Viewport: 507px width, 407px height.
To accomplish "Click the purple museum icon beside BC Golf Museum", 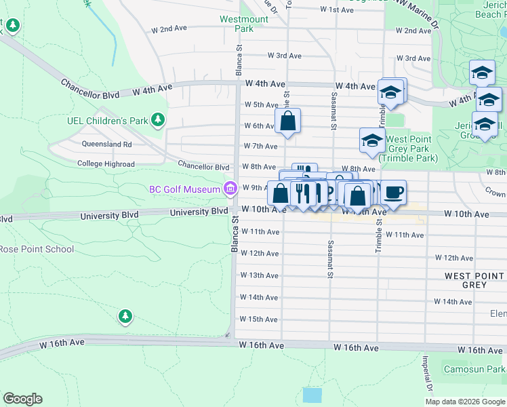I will click(230, 188).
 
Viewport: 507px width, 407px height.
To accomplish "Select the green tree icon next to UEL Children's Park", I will click(158, 121).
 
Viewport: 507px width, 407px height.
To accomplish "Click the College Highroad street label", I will click(106, 164).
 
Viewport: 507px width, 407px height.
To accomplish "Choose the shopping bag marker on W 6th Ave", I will click(287, 121).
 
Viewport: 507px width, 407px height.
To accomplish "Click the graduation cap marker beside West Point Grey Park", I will click(371, 140).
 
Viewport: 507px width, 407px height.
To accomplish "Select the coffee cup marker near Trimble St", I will click(393, 193).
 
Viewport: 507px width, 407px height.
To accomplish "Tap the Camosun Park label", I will click(474, 370).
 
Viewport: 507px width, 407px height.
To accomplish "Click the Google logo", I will click(22, 399).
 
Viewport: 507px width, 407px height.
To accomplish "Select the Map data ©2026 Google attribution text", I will click(464, 402).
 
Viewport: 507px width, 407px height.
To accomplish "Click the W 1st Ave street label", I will click(337, 10).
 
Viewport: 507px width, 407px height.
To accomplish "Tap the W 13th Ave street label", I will click(260, 275).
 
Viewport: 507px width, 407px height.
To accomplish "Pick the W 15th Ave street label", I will click(260, 319).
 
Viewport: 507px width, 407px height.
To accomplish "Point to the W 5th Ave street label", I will click(261, 105).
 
